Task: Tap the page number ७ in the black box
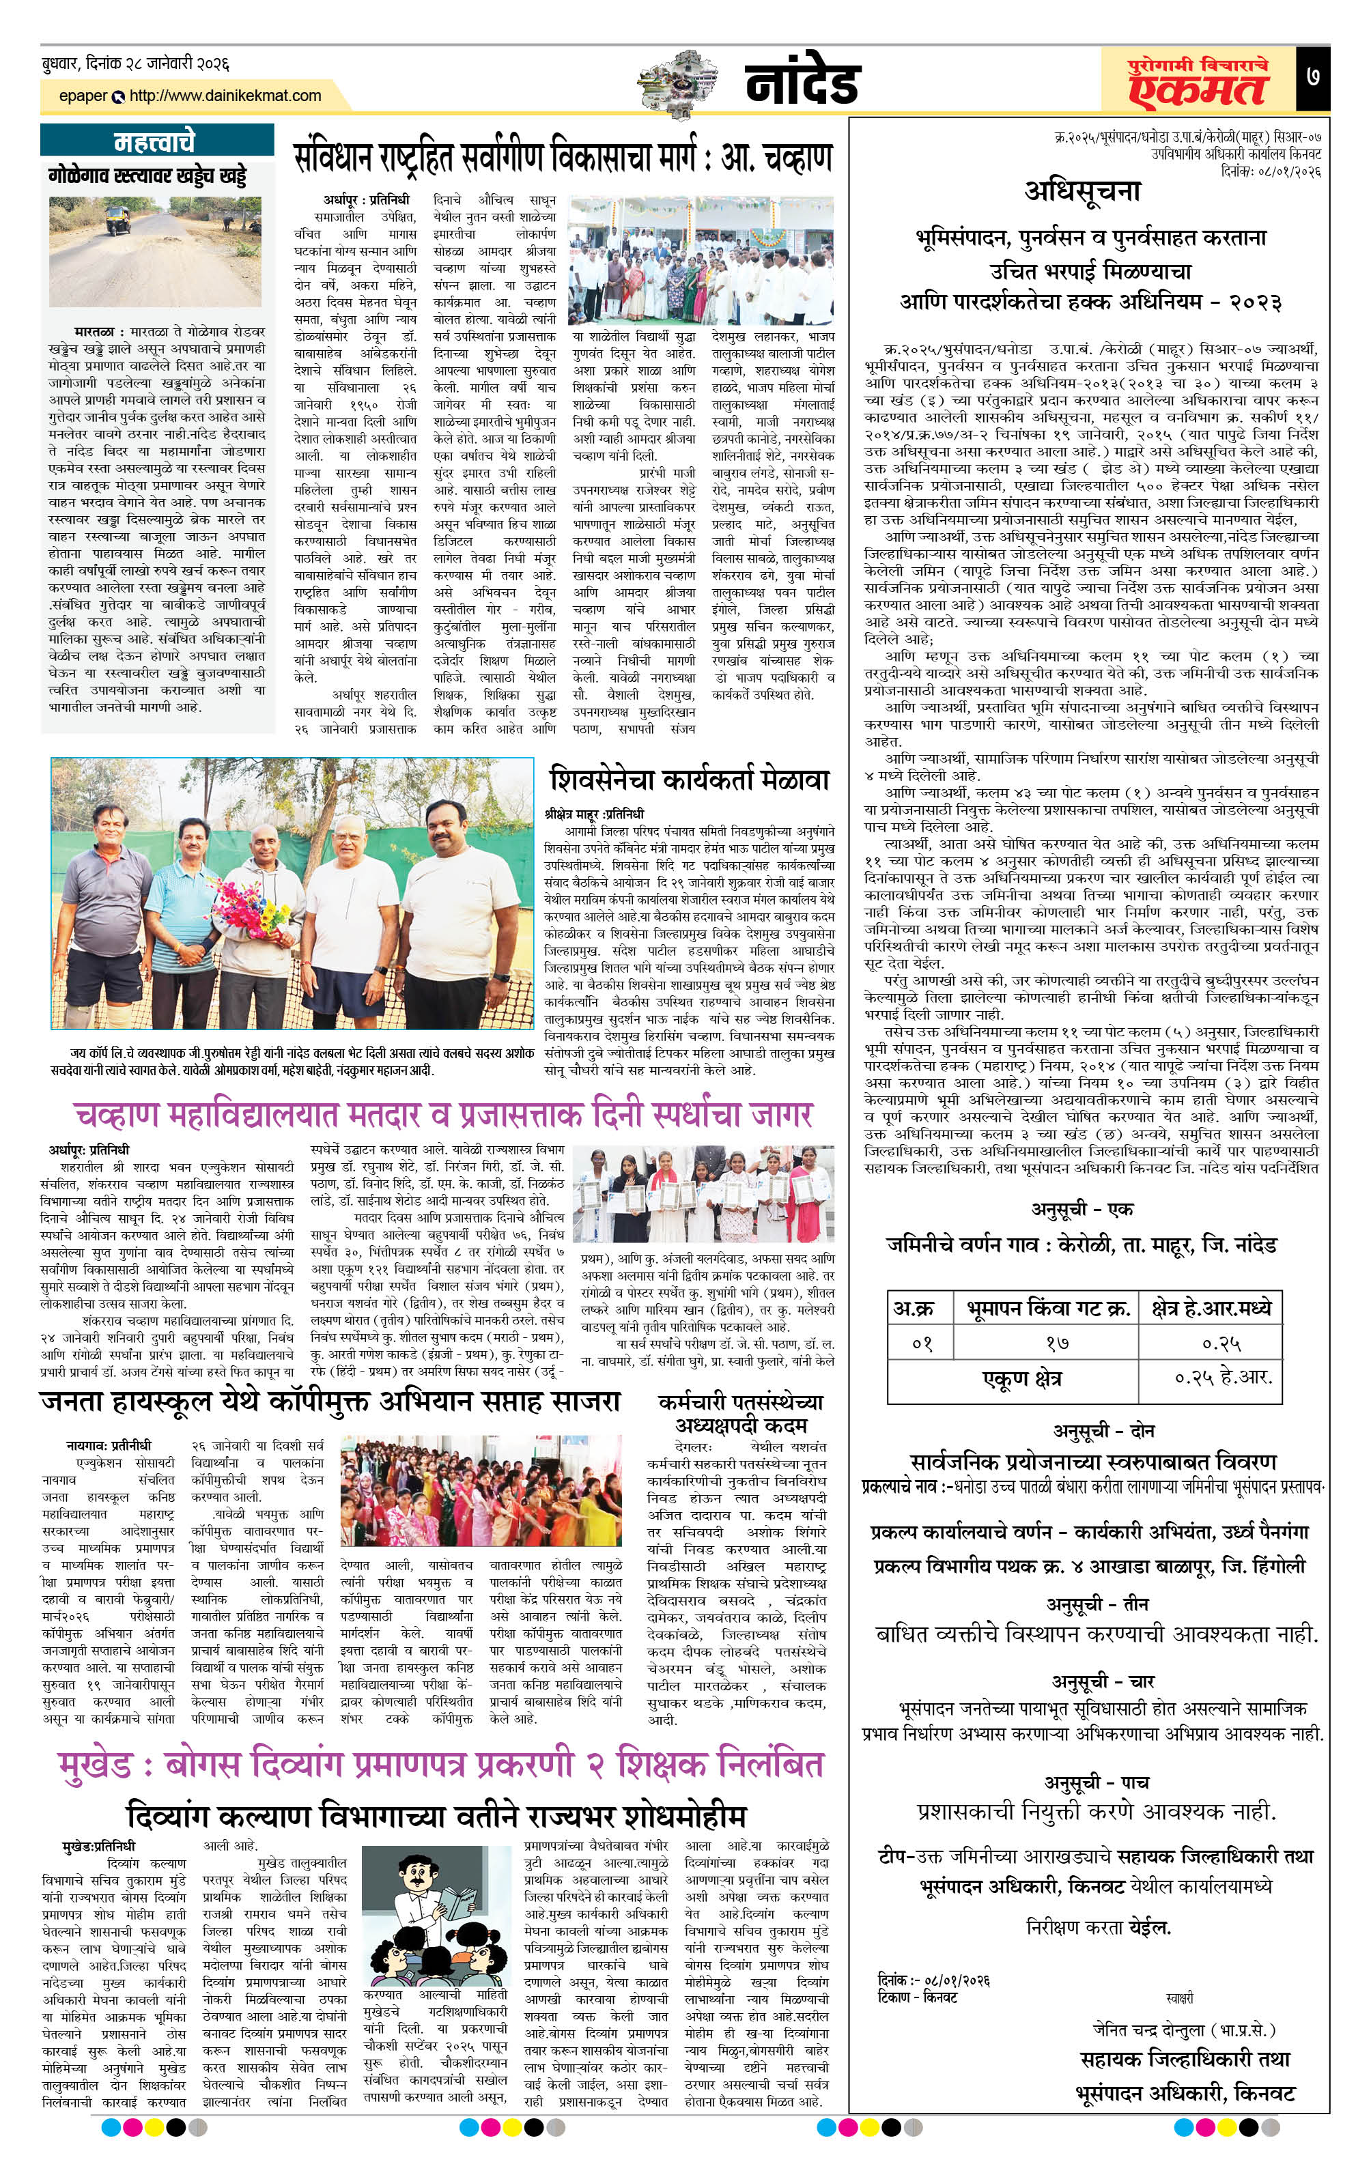point(1312,78)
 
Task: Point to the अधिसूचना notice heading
point(1082,190)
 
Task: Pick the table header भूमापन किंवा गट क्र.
point(1049,1307)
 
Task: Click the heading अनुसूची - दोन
point(1092,1431)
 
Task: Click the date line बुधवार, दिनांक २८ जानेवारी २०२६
point(136,63)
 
